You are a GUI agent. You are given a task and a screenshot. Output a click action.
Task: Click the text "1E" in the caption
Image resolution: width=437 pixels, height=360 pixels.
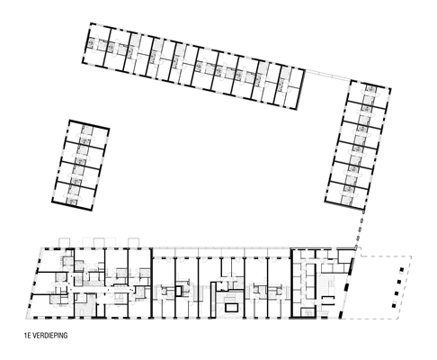click(28, 335)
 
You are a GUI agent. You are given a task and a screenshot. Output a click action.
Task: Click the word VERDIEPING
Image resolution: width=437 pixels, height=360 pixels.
click(50, 335)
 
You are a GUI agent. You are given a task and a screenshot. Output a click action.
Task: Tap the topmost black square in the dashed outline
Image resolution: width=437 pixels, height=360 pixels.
click(402, 270)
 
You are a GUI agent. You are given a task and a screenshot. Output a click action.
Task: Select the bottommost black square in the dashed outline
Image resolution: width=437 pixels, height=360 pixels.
click(394, 305)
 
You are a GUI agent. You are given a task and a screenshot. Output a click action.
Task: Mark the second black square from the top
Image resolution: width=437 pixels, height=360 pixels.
click(399, 282)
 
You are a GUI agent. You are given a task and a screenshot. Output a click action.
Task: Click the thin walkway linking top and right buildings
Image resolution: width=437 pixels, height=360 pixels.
click(327, 75)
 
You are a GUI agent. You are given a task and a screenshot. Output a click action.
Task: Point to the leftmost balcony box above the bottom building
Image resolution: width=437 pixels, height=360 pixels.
click(64, 243)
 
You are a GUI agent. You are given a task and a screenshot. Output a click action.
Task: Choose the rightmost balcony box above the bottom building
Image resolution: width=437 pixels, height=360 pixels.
click(134, 243)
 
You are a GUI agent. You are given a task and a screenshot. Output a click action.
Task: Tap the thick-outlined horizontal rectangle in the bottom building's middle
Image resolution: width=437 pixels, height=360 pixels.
click(232, 308)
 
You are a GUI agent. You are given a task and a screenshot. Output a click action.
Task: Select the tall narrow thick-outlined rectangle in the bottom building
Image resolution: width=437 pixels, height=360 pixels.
click(213, 299)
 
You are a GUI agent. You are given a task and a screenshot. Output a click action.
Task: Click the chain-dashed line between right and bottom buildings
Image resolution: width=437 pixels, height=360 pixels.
click(360, 228)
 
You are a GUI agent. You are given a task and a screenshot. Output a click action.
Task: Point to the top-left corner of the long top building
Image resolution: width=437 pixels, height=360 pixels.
click(91, 22)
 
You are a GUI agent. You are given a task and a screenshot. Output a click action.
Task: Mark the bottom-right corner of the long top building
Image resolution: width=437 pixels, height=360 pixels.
click(297, 109)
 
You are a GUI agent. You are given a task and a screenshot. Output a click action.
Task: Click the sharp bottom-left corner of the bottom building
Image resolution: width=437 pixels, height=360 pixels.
click(26, 319)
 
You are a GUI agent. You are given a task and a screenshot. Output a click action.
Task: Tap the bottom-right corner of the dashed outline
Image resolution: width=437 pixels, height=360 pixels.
click(399, 319)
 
